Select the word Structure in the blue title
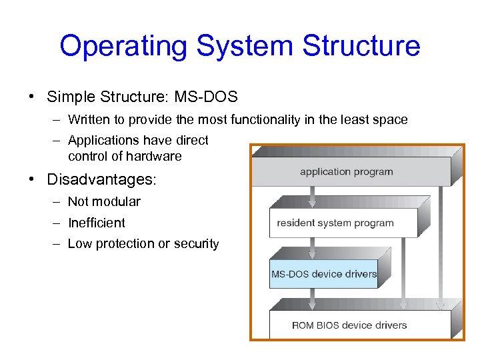361,46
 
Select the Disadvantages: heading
101,180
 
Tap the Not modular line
104,201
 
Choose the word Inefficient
96,223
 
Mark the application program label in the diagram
346,172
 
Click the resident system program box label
335,223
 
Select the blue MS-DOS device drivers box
324,274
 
